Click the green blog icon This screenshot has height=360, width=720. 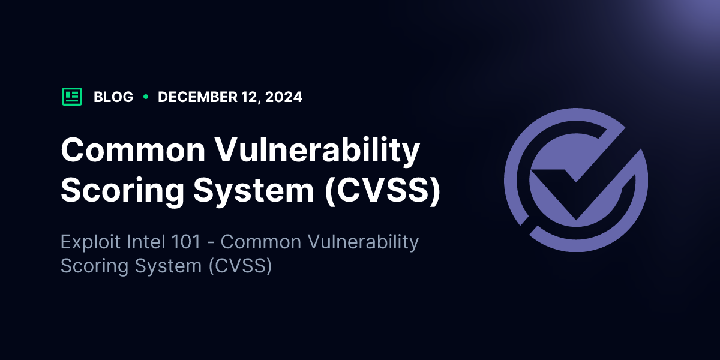click(72, 97)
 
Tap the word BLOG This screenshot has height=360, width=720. click(113, 97)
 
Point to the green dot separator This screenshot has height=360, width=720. click(146, 97)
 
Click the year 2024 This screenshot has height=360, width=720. click(283, 97)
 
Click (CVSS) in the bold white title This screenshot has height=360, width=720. click(383, 190)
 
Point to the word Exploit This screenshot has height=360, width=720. click(91, 242)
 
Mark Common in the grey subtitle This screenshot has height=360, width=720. click(261, 242)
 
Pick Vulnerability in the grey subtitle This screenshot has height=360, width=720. click(363, 242)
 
